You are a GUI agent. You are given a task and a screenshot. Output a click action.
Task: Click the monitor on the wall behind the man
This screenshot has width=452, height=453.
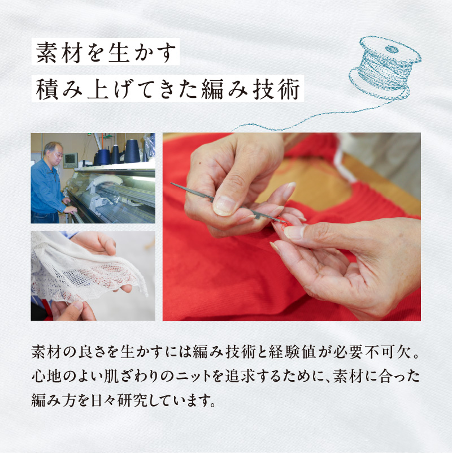70,159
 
